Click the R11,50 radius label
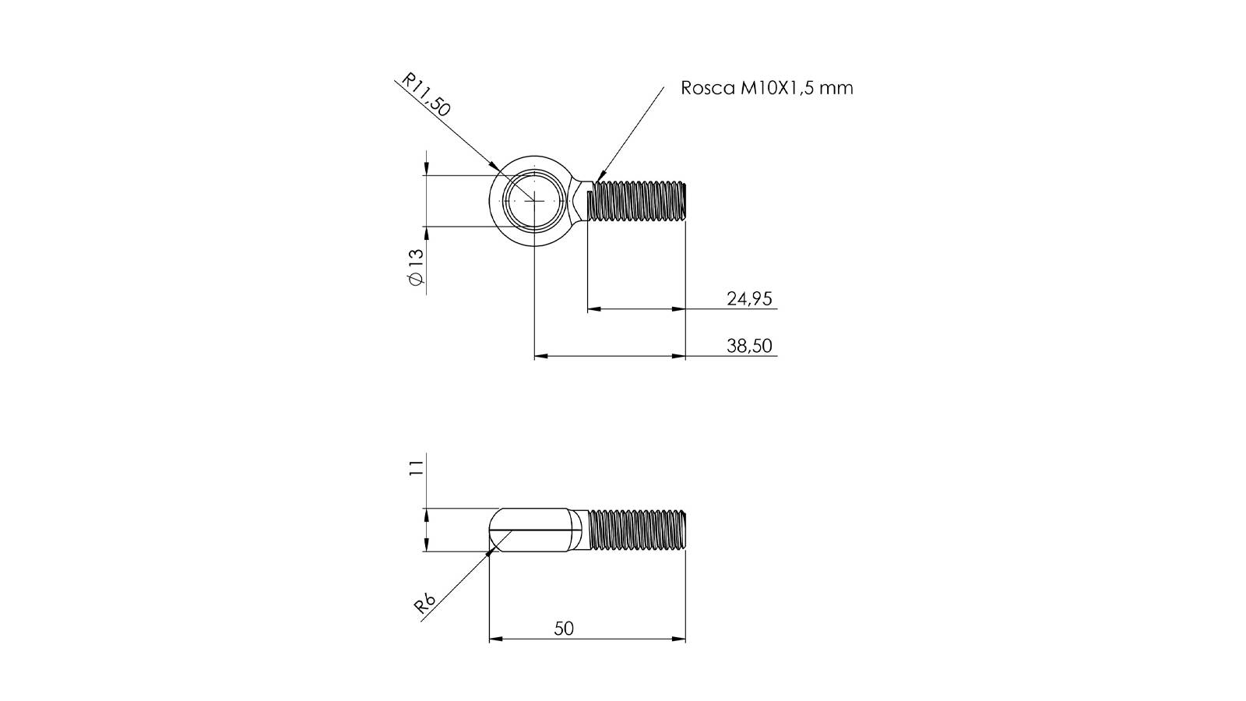tap(425, 95)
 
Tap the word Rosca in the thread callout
tap(708, 88)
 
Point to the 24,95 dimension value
tap(749, 299)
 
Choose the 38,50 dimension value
tap(749, 346)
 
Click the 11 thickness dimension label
tap(416, 467)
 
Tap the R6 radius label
tap(424, 604)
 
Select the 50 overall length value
tap(564, 629)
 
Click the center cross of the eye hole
tap(534, 200)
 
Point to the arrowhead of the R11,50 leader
tap(494, 165)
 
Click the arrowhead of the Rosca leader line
tap(599, 177)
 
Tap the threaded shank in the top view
tap(637, 200)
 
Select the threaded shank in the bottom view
tap(637, 530)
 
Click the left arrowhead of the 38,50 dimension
tap(540, 356)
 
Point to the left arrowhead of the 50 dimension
tap(495, 639)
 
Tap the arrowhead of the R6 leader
tap(491, 551)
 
